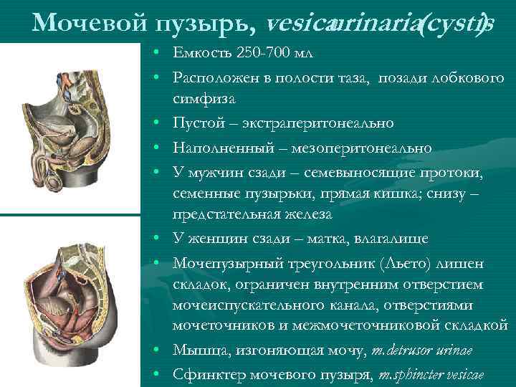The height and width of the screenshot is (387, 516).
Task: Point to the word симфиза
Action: coord(199,97)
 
